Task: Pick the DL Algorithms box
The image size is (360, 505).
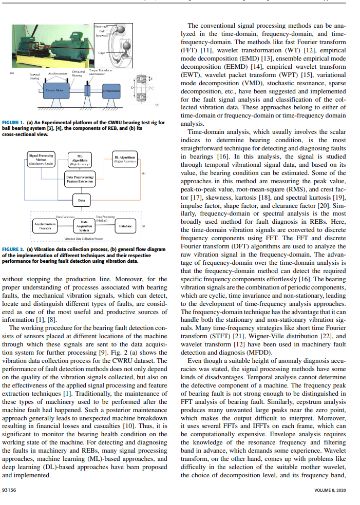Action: coord(123,159)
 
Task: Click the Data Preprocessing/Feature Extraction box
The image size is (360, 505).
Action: coord(80,179)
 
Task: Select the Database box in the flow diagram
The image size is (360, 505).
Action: coord(125,226)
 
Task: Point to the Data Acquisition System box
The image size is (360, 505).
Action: coord(83,226)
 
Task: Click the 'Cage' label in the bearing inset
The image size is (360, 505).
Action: coord(102,52)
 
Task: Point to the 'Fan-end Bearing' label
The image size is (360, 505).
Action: coord(34,77)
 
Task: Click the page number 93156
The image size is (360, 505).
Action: coord(10,490)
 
